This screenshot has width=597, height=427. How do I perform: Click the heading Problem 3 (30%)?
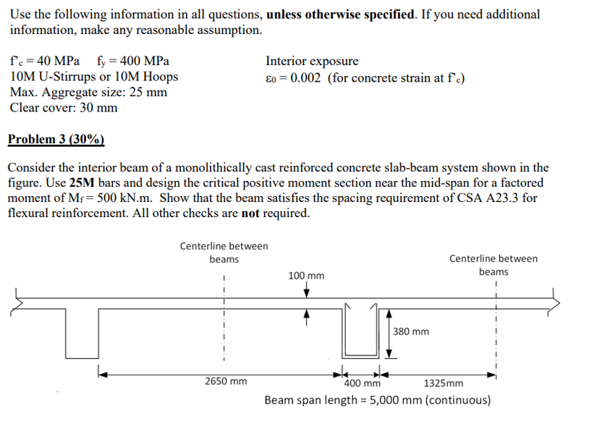point(56,140)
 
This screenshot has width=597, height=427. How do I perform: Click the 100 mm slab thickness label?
point(306,276)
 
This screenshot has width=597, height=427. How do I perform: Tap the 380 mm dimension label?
point(411,331)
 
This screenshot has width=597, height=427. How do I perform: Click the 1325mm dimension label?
point(443,384)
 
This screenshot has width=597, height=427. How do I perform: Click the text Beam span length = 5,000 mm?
point(377,400)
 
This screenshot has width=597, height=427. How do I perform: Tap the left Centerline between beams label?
point(224,253)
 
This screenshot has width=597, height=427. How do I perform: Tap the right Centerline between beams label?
point(493,265)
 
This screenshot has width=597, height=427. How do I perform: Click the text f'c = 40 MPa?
point(41,62)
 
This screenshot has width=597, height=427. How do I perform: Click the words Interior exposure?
point(312,62)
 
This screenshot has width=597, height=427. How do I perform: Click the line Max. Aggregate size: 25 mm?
point(88,93)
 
